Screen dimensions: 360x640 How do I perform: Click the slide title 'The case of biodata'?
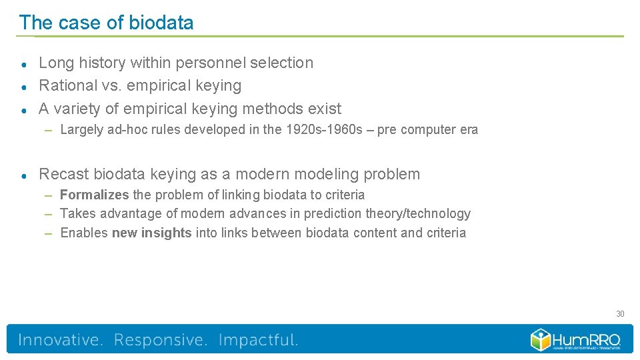tap(107, 23)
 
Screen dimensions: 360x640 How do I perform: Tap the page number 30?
tap(619, 313)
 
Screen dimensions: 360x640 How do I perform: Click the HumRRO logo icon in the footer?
tap(541, 339)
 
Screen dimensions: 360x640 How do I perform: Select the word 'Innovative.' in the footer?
tap(61, 340)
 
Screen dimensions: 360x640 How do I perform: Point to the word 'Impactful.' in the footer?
tap(258, 340)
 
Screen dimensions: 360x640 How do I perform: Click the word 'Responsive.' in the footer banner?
tap(161, 340)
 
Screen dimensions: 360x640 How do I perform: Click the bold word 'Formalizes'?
tap(94, 195)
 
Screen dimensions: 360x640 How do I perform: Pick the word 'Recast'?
tap(63, 174)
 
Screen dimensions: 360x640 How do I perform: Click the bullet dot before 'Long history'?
tap(23, 64)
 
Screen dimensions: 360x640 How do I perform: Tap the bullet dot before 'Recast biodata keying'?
tap(23, 175)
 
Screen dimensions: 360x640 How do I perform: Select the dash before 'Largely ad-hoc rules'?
tap(49, 130)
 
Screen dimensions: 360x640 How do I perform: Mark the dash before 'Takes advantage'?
tap(49, 213)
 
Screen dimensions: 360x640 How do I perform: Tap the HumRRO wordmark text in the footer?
tap(587, 339)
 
